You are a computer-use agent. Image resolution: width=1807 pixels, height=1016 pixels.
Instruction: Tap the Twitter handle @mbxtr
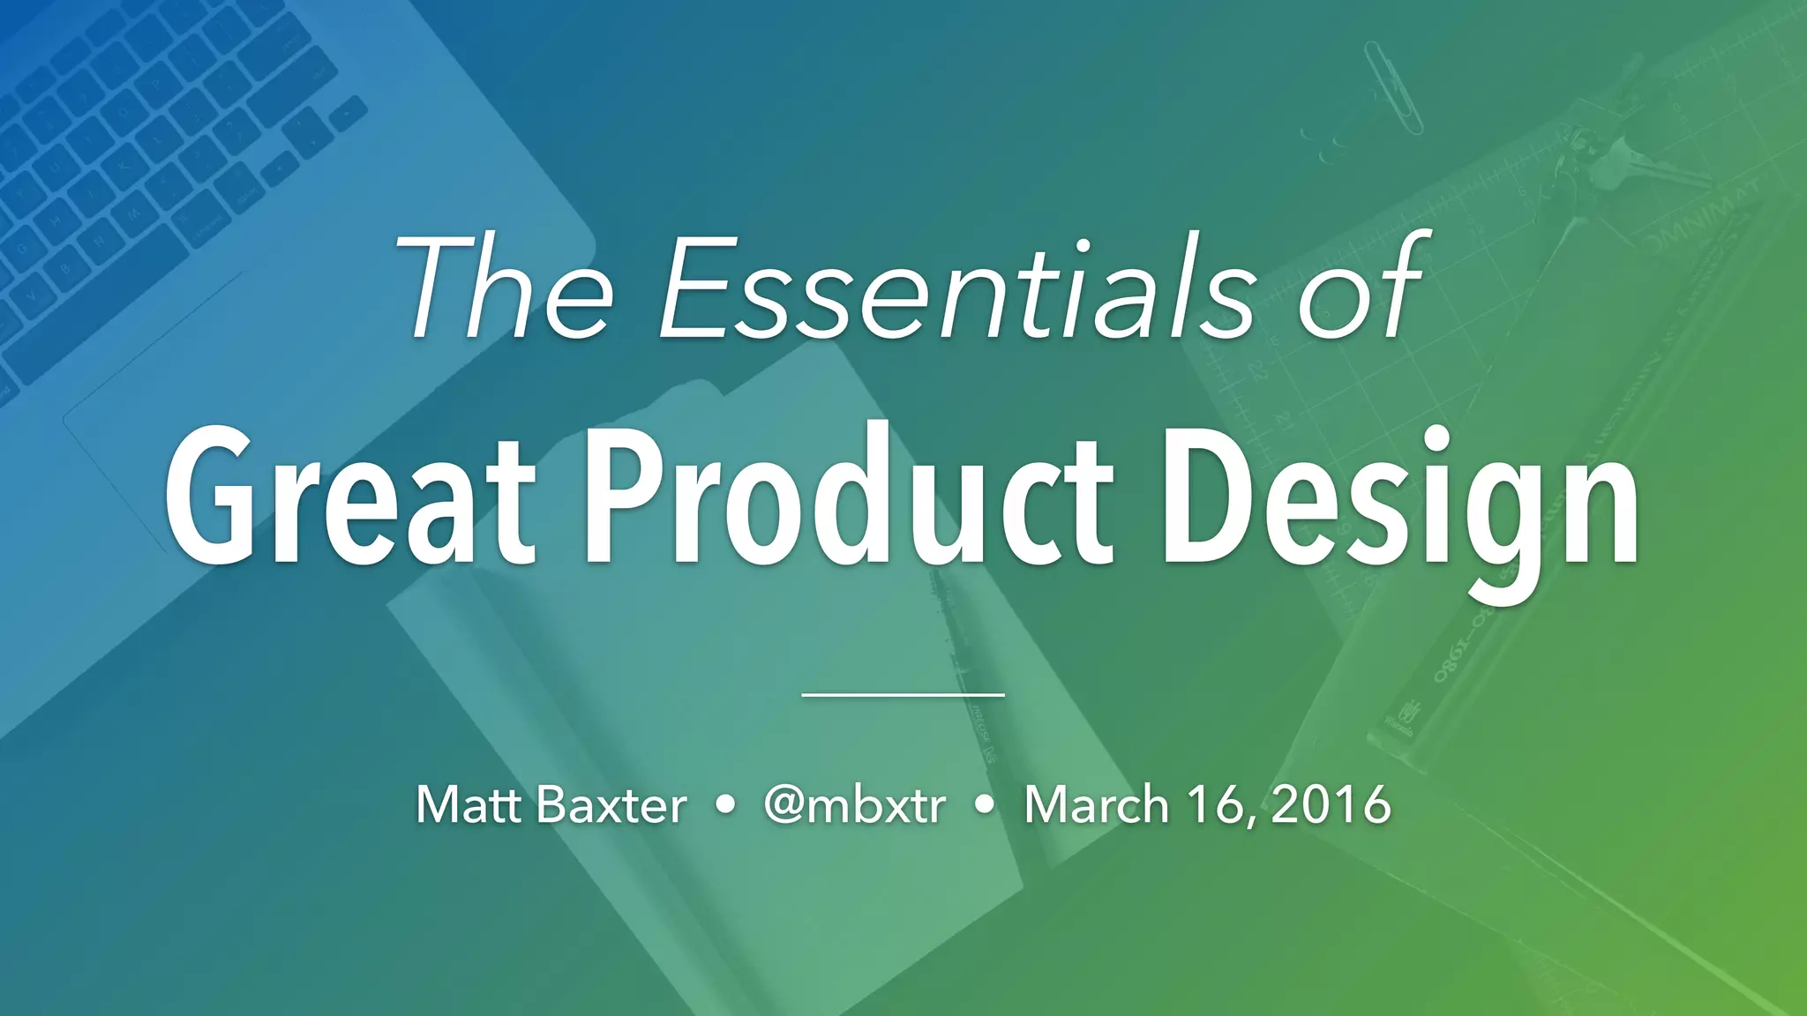point(854,804)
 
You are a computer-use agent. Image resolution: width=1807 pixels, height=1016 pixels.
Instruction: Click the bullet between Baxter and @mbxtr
point(725,805)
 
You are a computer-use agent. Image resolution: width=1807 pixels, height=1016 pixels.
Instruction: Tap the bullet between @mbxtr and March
point(986,805)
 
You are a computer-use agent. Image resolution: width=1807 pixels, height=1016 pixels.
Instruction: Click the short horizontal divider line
point(903,695)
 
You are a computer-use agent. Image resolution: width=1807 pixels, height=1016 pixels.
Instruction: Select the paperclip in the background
point(1393,88)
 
